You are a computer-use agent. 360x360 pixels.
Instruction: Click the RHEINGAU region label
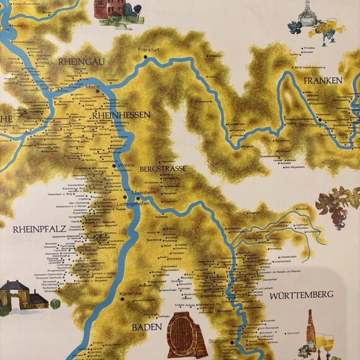pyautogui.click(x=80, y=61)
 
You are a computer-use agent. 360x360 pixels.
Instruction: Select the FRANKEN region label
pyautogui.click(x=323, y=81)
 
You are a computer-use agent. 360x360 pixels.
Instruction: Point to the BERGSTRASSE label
pyautogui.click(x=163, y=168)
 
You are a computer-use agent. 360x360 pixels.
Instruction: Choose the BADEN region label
pyautogui.click(x=146, y=326)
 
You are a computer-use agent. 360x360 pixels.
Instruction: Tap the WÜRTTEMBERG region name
pyautogui.click(x=302, y=294)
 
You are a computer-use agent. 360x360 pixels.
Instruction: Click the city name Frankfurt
pyautogui.click(x=150, y=49)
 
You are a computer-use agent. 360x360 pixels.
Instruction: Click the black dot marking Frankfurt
pyautogui.click(x=145, y=57)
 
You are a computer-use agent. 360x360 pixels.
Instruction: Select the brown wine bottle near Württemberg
pyautogui.click(x=311, y=328)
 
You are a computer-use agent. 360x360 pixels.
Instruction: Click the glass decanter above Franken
pyautogui.click(x=304, y=13)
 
